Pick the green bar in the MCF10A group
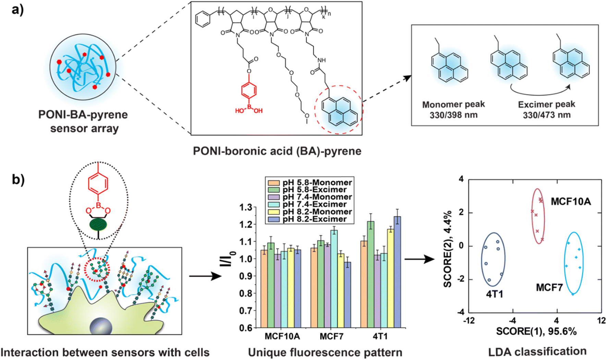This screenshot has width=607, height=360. tap(271, 285)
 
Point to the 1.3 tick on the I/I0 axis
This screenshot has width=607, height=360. tap(246, 207)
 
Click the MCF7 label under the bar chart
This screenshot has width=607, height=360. tap(331, 336)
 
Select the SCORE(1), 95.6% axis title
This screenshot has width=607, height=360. tap(536, 331)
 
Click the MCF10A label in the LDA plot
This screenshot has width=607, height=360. tap(571, 201)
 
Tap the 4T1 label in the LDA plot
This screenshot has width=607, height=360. tap(494, 294)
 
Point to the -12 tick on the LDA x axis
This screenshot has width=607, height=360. tap(469, 321)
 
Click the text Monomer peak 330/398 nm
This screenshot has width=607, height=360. tap(453, 109)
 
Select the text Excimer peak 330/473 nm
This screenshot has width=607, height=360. tap(546, 109)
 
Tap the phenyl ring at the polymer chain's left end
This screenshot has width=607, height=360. tap(203, 19)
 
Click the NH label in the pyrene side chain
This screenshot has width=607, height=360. tap(321, 60)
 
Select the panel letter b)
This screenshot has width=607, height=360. tap(18, 179)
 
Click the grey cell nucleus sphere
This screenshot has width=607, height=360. tap(101, 326)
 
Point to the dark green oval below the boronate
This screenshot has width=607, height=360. tap(98, 225)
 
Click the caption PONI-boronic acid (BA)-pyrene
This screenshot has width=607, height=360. tap(277, 151)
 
